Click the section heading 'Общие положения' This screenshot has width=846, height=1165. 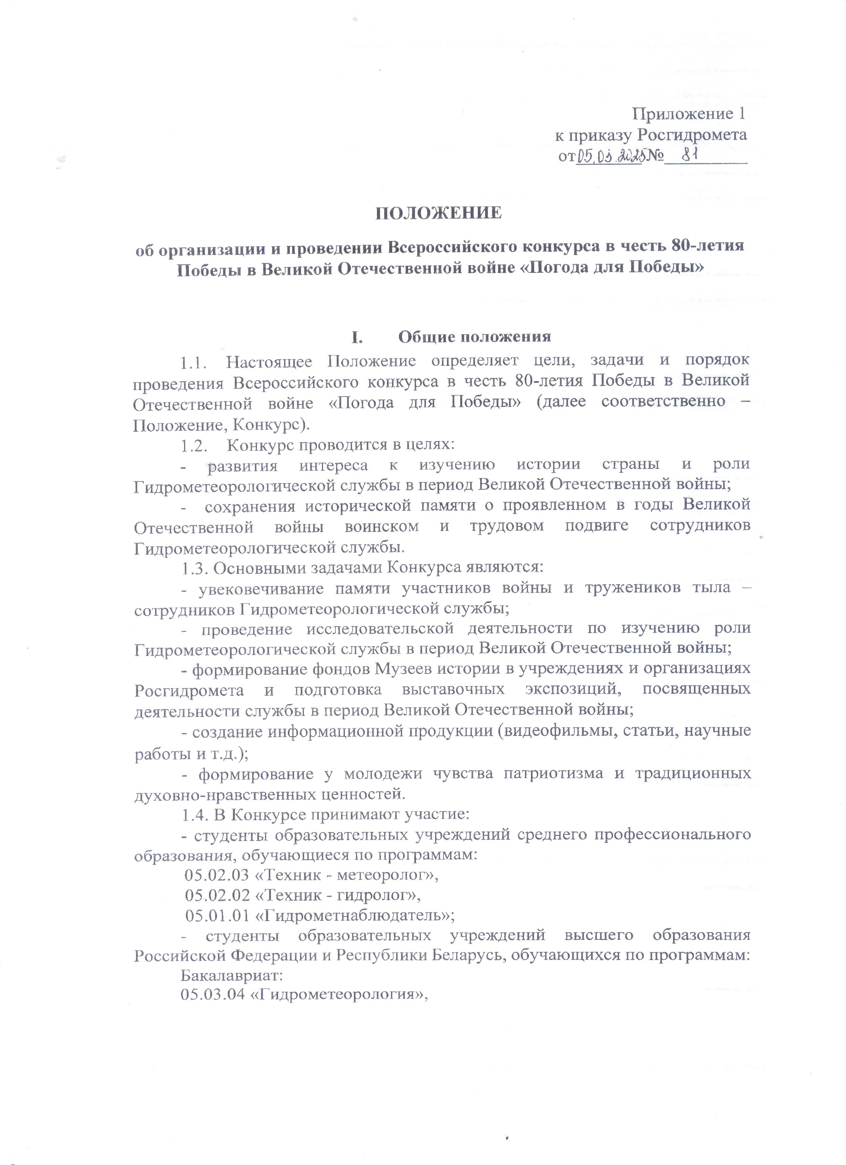coord(475,337)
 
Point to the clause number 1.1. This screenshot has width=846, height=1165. coord(194,362)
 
